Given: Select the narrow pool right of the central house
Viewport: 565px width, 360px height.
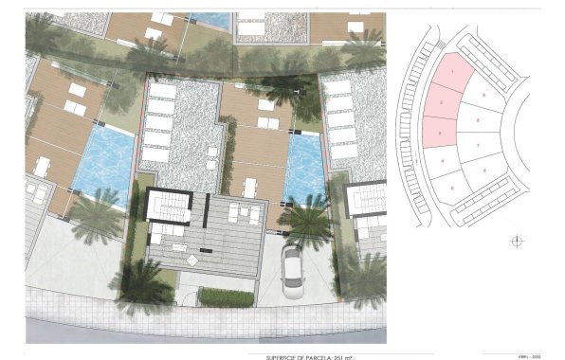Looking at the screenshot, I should [x=303, y=169].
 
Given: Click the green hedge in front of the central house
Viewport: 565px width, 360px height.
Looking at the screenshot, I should [x=226, y=297].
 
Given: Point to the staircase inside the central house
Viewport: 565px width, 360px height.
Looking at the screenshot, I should [x=168, y=206].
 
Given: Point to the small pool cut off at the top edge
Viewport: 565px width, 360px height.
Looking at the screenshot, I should [x=210, y=19].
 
